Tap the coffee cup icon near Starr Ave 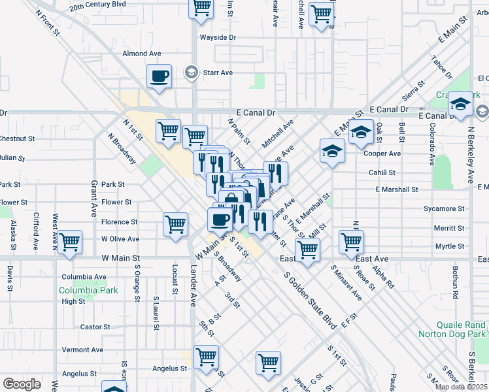(x=160, y=77)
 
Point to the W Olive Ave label (x=120, y=239)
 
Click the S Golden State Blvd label (x=310, y=298)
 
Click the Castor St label (x=95, y=327)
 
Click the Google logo (x=22, y=384)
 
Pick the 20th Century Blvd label (x=97, y=5)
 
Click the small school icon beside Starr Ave (x=191, y=71)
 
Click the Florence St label (x=119, y=222)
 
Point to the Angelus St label (x=79, y=374)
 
